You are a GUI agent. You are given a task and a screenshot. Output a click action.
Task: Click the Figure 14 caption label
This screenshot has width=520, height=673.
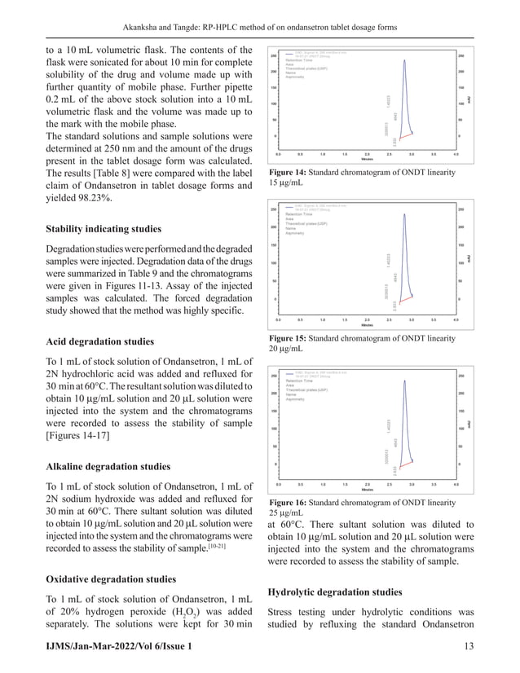click(289, 174)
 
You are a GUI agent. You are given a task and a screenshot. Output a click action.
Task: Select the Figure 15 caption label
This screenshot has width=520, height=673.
click(289, 336)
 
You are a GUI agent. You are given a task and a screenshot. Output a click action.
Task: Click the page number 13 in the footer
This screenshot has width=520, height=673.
click(488, 644)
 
